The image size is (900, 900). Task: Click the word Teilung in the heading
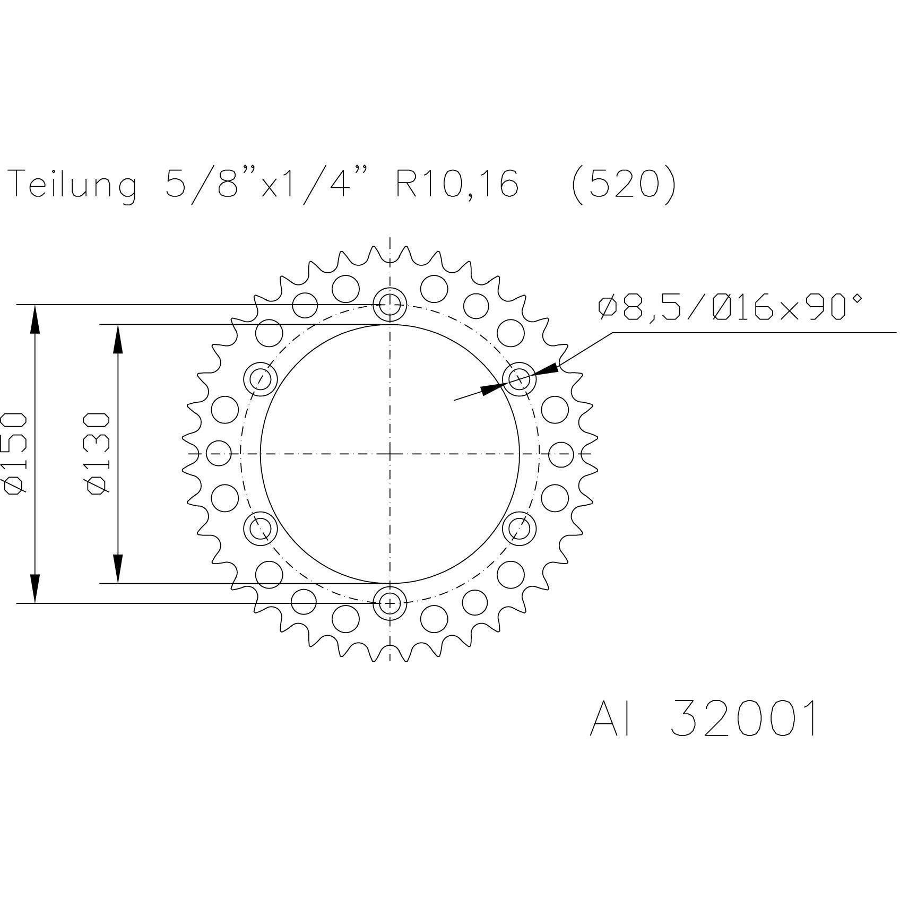coord(74,185)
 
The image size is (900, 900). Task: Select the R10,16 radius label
coord(456,184)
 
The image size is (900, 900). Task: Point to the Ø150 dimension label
coord(15,454)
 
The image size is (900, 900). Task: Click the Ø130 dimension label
coord(98,454)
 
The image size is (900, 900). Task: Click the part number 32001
coord(743,719)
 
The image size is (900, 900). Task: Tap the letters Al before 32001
coord(610,719)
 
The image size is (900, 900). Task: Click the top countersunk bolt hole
coord(390,304)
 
